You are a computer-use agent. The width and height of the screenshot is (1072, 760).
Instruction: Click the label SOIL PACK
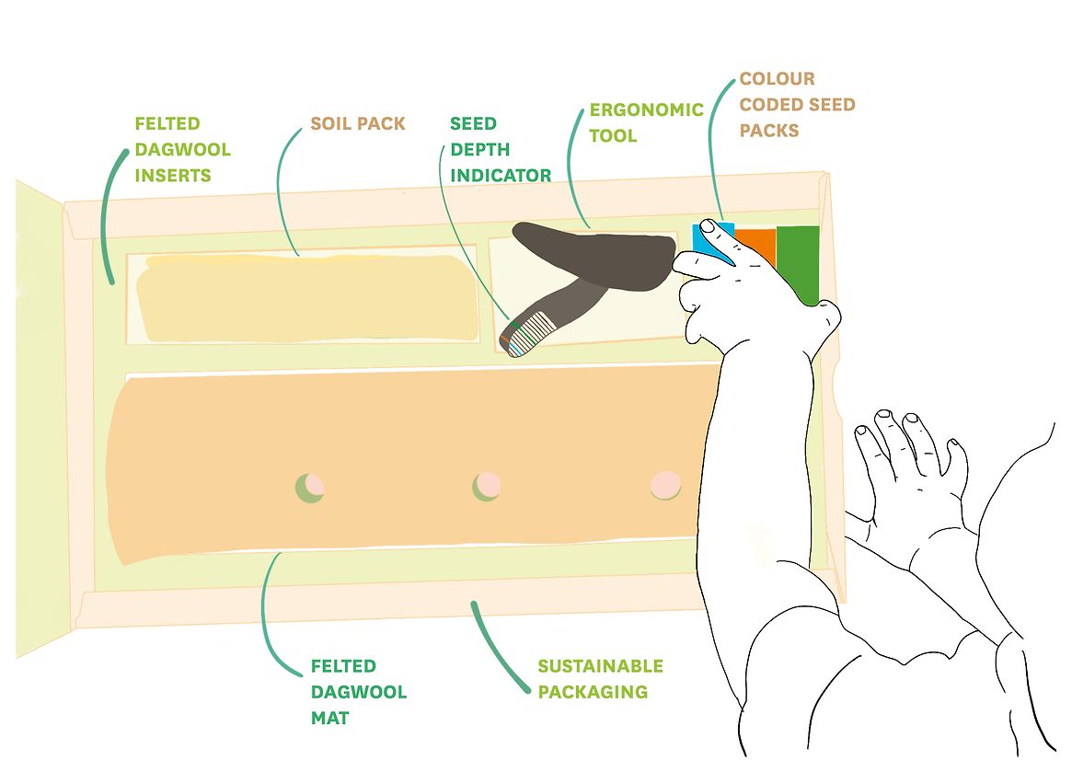pyautogui.click(x=357, y=123)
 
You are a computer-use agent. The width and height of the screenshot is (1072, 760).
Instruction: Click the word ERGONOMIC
pyautogui.click(x=646, y=109)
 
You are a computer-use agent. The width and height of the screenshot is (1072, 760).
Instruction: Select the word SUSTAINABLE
pyautogui.click(x=600, y=666)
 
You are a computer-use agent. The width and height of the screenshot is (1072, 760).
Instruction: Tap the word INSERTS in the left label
pyautogui.click(x=173, y=175)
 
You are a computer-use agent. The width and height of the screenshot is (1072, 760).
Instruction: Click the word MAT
pyautogui.click(x=329, y=717)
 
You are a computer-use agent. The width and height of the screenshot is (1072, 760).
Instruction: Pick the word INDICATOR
pyautogui.click(x=501, y=175)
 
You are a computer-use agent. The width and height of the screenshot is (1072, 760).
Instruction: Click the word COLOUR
pyautogui.click(x=778, y=79)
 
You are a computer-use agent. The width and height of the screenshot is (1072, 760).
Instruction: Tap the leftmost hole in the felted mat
pyautogui.click(x=308, y=486)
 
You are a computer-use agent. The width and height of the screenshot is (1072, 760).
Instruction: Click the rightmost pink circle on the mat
pyautogui.click(x=664, y=484)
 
